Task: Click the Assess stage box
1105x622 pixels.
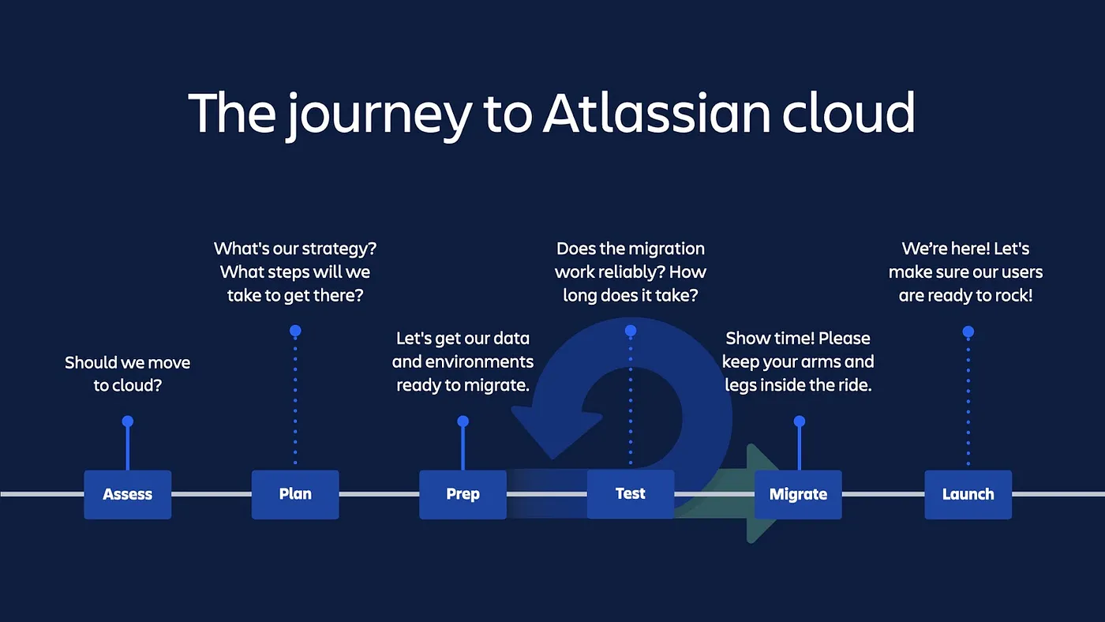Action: pos(127,495)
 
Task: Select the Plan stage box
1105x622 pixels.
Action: pos(295,495)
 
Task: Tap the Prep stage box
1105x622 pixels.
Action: pos(463,495)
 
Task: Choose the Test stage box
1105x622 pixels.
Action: pos(631,495)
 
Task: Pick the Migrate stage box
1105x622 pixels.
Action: pos(798,495)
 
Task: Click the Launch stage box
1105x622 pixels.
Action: pos(968,495)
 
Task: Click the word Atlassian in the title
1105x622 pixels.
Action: pos(656,113)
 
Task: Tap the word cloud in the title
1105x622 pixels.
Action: pos(848,113)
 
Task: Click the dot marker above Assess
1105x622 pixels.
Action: pos(128,422)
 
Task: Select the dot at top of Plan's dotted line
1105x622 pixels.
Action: pos(295,331)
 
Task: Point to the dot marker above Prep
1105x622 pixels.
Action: pos(463,422)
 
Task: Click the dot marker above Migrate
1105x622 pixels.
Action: pos(800,422)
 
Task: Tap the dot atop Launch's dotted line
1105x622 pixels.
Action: pos(968,332)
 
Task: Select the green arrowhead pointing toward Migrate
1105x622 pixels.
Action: pos(761,493)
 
